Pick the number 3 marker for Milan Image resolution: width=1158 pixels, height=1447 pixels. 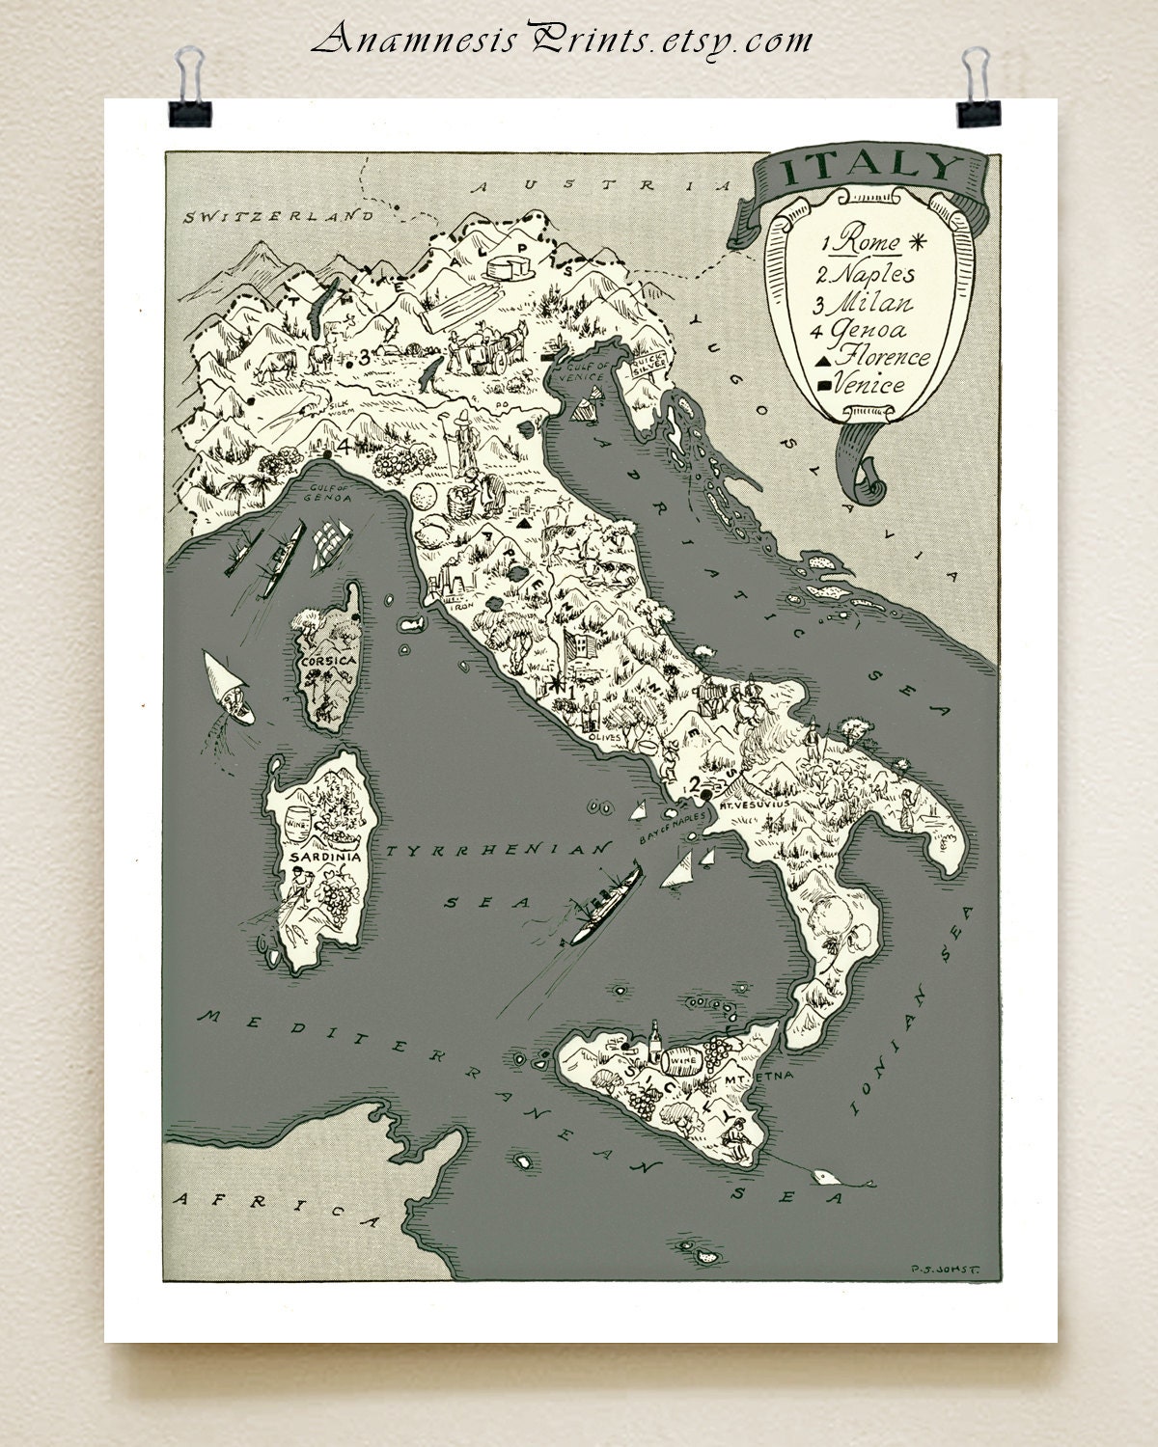364,357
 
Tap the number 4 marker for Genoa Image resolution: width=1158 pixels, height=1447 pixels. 343,448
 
